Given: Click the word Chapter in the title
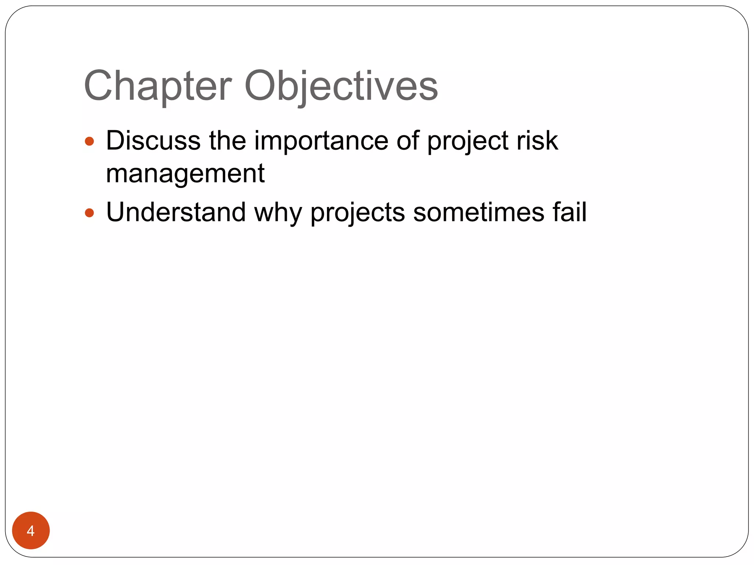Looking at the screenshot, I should pos(158,87).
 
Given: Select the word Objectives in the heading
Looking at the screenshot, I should pos(341,87).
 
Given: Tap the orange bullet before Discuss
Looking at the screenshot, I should pos(89,141).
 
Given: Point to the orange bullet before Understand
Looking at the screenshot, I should pos(89,213).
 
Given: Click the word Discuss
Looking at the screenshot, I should pos(153,141).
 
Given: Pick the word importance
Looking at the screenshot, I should pos(321,141).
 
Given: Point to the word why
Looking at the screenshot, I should pos(278,213).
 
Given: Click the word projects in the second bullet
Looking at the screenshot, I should pos(357,213).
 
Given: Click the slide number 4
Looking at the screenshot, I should pos(31,531).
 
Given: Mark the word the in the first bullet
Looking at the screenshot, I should pos(228,141).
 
